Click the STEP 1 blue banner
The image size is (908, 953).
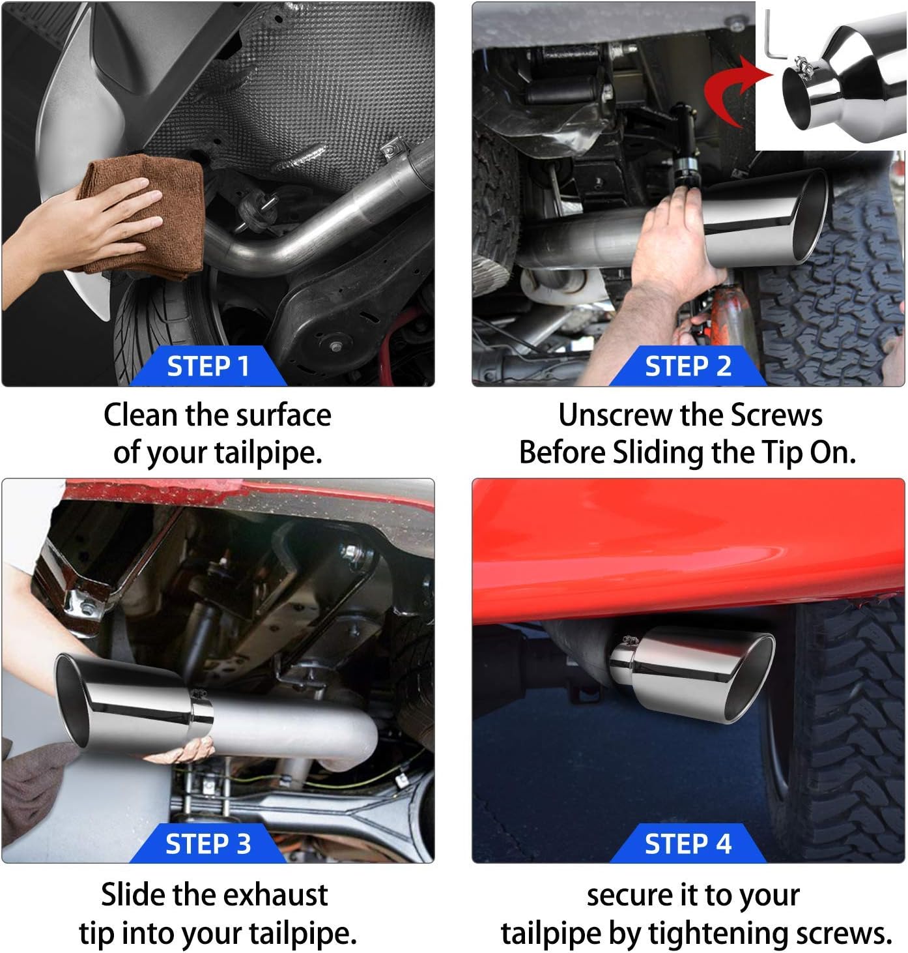click(x=208, y=366)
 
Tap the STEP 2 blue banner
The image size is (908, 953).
click(x=688, y=366)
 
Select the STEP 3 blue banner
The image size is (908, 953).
click(x=208, y=843)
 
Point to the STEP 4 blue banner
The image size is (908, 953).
click(x=688, y=843)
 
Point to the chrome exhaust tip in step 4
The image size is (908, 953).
click(x=691, y=674)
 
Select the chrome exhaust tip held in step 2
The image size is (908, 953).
click(x=765, y=218)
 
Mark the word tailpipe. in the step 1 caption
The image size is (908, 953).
click(x=268, y=453)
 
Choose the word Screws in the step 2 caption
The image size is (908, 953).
click(x=776, y=415)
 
